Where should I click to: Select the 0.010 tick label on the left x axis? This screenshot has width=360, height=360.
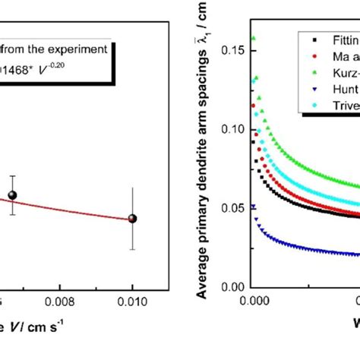[x=133, y=300]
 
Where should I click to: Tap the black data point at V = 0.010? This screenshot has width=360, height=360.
[x=133, y=219]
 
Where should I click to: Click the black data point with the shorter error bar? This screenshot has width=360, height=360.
[x=12, y=195]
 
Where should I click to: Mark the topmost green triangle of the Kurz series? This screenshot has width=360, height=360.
[x=254, y=37]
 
